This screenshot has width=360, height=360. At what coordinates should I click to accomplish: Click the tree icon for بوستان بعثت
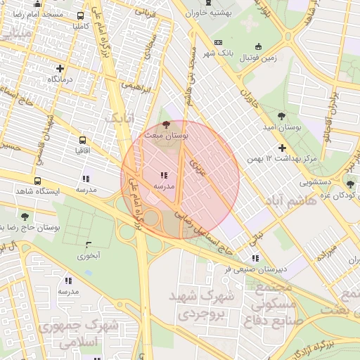(166, 124)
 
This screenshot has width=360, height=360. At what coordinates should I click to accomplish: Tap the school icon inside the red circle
(163, 175)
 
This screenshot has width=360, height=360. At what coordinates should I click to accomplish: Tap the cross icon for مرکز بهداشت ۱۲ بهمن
(282, 148)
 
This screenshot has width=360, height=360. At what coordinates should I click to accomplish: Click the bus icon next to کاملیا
(81, 15)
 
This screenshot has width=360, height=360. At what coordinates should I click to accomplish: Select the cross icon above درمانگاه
(61, 69)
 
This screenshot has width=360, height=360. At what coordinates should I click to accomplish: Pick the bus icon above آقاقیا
(83, 140)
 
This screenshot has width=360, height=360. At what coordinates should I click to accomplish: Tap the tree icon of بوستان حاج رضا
(25, 217)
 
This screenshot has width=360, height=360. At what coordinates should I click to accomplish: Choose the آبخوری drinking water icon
(89, 245)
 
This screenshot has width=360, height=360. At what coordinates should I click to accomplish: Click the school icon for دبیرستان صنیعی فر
(254, 258)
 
